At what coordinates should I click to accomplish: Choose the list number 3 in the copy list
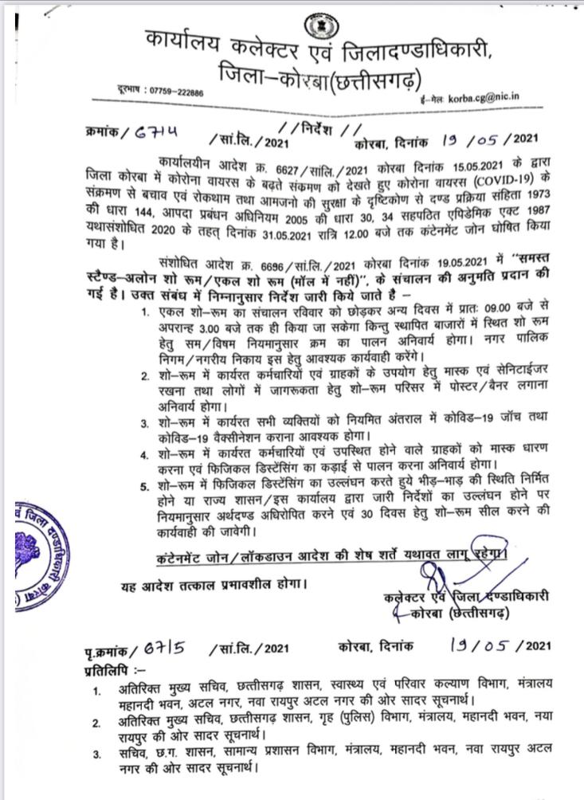[x=96, y=755]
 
